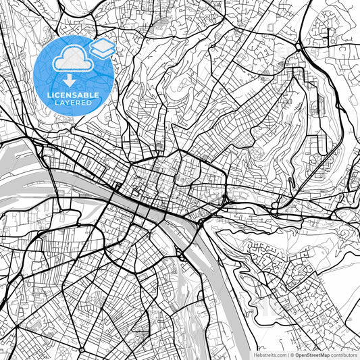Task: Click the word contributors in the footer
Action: pos(344,354)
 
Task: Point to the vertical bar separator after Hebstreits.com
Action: pos(286,354)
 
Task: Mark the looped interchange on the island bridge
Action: pos(181,254)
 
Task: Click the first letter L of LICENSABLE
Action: pos(49,95)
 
